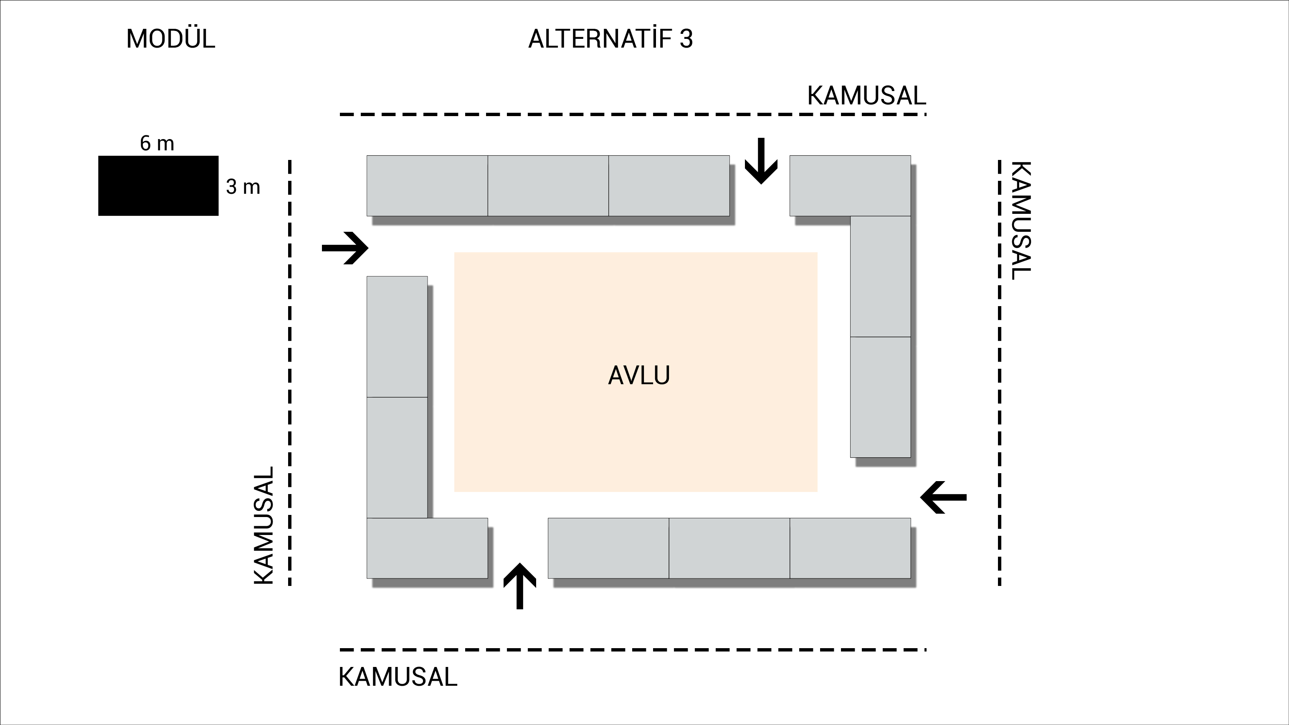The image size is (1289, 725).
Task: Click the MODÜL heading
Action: (171, 39)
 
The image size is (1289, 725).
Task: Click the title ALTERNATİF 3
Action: (610, 39)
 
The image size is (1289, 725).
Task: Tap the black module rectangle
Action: (158, 185)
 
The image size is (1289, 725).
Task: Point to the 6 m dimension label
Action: (157, 144)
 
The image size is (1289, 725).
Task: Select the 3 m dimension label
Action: (243, 187)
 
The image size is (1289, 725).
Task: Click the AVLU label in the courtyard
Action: (639, 375)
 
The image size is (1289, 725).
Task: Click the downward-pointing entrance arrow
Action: (761, 161)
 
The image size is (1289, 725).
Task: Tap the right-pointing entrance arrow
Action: (345, 248)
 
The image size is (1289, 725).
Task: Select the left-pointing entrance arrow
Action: (944, 497)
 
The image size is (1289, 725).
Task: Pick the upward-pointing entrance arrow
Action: (519, 586)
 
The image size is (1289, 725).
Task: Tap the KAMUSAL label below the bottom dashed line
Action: (398, 677)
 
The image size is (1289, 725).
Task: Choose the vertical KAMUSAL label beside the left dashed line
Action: (264, 525)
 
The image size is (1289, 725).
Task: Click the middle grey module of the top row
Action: (548, 185)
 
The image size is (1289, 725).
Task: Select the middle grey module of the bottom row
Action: (729, 548)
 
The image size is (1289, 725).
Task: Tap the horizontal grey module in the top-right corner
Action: (850, 185)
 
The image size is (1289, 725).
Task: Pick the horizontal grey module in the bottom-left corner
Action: (427, 548)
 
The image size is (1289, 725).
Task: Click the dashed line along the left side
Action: (290, 373)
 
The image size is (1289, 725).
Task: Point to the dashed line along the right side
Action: (999, 373)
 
